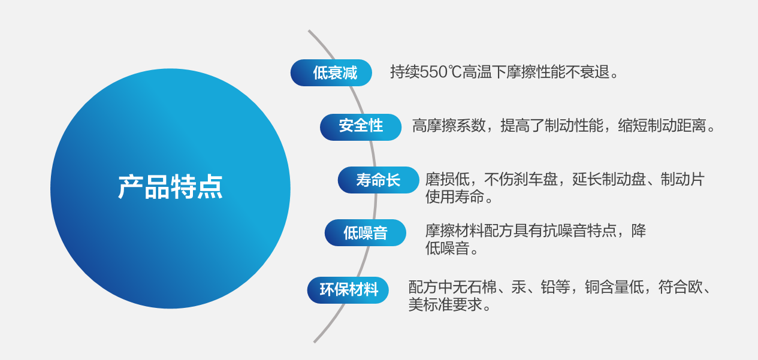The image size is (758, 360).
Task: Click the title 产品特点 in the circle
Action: click(x=170, y=187)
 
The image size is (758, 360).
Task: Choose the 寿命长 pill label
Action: click(x=378, y=180)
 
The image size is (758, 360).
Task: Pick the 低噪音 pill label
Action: click(x=366, y=233)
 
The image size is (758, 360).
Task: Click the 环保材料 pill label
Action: click(x=348, y=290)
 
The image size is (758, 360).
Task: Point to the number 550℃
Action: click(x=440, y=72)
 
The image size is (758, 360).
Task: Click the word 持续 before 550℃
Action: click(x=405, y=72)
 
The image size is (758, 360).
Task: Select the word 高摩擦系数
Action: click(x=449, y=126)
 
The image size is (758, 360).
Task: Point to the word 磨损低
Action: click(x=447, y=179)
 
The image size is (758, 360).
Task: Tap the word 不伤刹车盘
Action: click(x=521, y=179)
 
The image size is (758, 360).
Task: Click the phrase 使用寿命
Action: click(x=454, y=196)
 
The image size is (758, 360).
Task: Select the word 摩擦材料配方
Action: click(x=469, y=231)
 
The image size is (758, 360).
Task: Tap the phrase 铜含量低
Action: click(x=614, y=287)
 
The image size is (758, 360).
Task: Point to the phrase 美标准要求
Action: click(x=445, y=304)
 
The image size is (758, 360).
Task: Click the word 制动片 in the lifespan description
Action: click(x=682, y=179)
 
